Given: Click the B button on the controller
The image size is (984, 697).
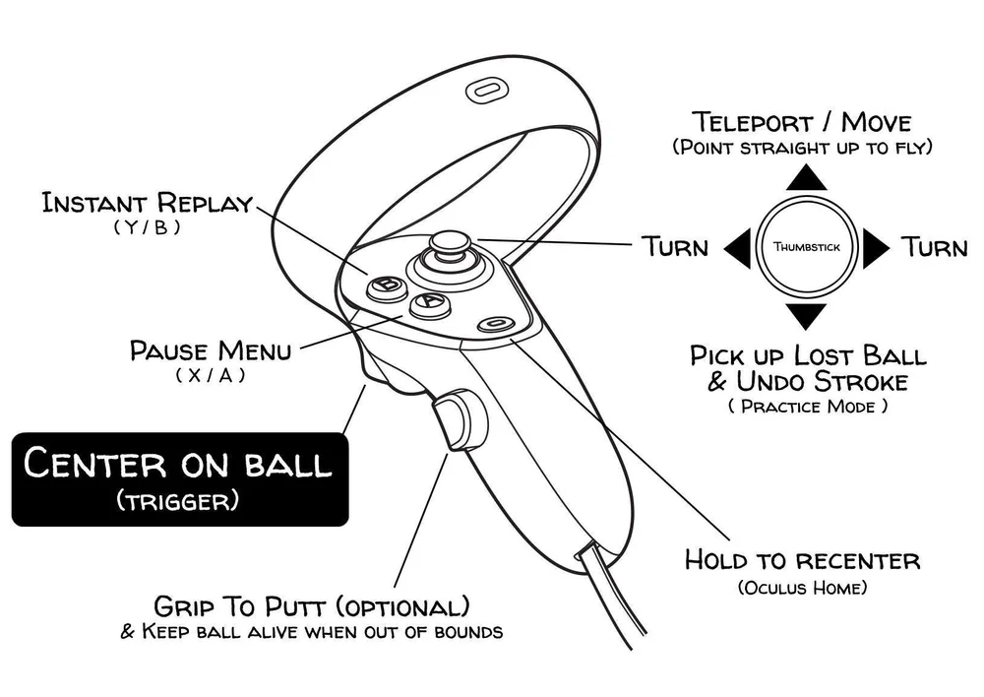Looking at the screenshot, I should pyautogui.click(x=388, y=286).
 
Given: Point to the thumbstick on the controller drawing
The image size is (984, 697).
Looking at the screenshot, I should pyautogui.click(x=450, y=250).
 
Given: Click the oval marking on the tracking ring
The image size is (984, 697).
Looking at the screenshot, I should pyautogui.click(x=487, y=91).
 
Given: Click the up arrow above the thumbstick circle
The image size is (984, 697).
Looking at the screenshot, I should pyautogui.click(x=806, y=177).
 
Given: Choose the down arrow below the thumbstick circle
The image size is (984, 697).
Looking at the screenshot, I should pyautogui.click(x=806, y=315).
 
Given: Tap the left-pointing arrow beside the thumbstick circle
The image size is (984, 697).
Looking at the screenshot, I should pyautogui.click(x=738, y=247).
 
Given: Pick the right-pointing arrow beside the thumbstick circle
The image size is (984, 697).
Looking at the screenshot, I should pyautogui.click(x=875, y=247).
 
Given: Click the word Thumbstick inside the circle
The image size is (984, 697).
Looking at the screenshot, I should pyautogui.click(x=807, y=247).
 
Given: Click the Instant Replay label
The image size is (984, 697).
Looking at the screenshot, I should pyautogui.click(x=147, y=204).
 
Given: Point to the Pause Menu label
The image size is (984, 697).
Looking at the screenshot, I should pyautogui.click(x=211, y=350).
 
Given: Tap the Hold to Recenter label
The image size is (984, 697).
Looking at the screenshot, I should pyautogui.click(x=802, y=561).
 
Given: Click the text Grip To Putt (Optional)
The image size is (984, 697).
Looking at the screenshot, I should pyautogui.click(x=311, y=605).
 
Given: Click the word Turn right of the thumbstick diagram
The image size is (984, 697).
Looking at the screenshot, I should pyautogui.click(x=935, y=246).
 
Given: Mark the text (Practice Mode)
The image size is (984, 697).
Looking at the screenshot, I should pyautogui.click(x=808, y=406).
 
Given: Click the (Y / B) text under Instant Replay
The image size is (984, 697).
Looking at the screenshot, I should pyautogui.click(x=148, y=227).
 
